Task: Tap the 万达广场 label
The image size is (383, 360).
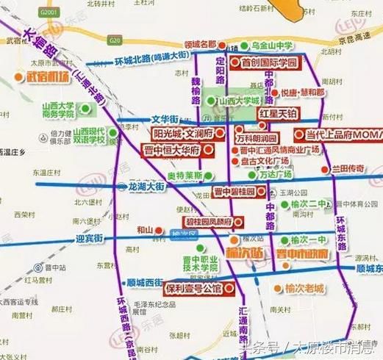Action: [x=276, y=175]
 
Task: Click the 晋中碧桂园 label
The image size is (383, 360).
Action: [x=234, y=191]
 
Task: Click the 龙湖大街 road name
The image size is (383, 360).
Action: [x=148, y=187]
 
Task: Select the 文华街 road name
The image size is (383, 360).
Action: [x=165, y=118]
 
